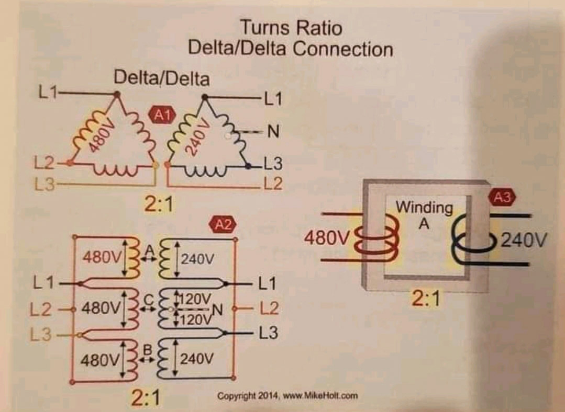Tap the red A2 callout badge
click(x=223, y=225)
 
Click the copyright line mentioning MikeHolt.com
click(x=288, y=395)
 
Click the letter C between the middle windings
click(x=147, y=300)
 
